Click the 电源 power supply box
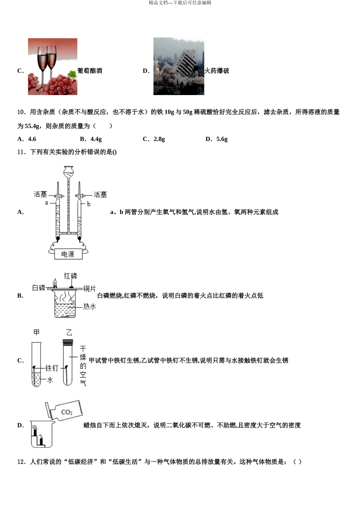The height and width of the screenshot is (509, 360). point(68,254)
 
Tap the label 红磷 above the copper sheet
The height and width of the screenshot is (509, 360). point(70,276)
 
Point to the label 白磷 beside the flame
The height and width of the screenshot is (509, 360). point(39,288)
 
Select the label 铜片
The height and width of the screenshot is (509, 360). point(89,289)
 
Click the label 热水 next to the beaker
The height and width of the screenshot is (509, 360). point(90,306)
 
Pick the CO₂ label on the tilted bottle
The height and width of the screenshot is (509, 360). point(67,412)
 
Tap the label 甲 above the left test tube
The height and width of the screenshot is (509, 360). point(36,332)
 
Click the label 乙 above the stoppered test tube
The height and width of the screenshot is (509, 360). point(69,333)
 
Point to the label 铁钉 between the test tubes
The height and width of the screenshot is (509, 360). point(52,368)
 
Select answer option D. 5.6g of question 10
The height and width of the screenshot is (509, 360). point(217,139)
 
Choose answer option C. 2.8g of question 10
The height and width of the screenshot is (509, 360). point(154,139)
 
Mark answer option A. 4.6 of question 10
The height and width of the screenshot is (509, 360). point(27,139)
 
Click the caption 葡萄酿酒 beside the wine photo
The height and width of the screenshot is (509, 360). point(90,71)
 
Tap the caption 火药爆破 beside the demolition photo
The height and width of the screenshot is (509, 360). point(217,71)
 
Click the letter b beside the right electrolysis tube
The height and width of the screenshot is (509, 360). point(89,204)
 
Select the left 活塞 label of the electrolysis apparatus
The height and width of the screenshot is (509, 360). point(41,194)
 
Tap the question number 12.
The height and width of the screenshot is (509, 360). point(21,462)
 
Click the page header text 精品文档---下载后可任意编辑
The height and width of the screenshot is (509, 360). point(180,3)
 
